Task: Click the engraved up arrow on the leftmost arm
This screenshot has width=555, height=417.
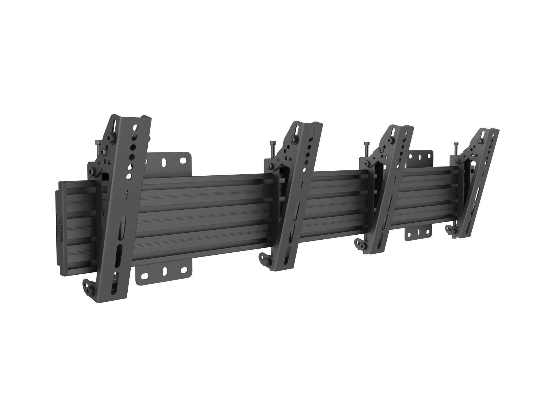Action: click(x=127, y=194)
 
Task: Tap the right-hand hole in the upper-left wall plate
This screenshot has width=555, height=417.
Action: click(x=183, y=160)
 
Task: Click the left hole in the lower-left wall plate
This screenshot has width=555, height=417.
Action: click(x=144, y=276)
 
